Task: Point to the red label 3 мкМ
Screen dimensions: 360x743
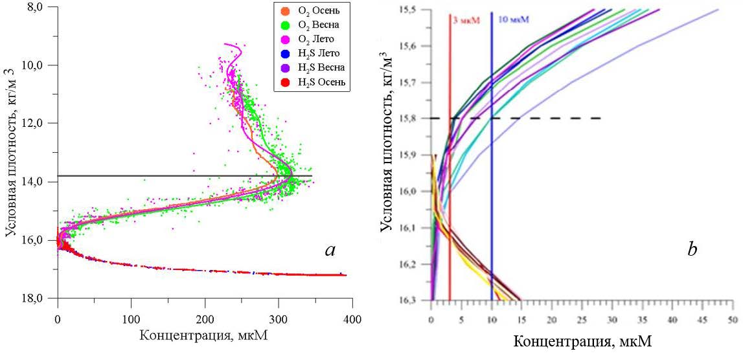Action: pos(465,20)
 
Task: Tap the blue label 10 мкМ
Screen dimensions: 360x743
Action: pos(512,20)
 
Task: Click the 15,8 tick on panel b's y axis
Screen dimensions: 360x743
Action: pos(411,118)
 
